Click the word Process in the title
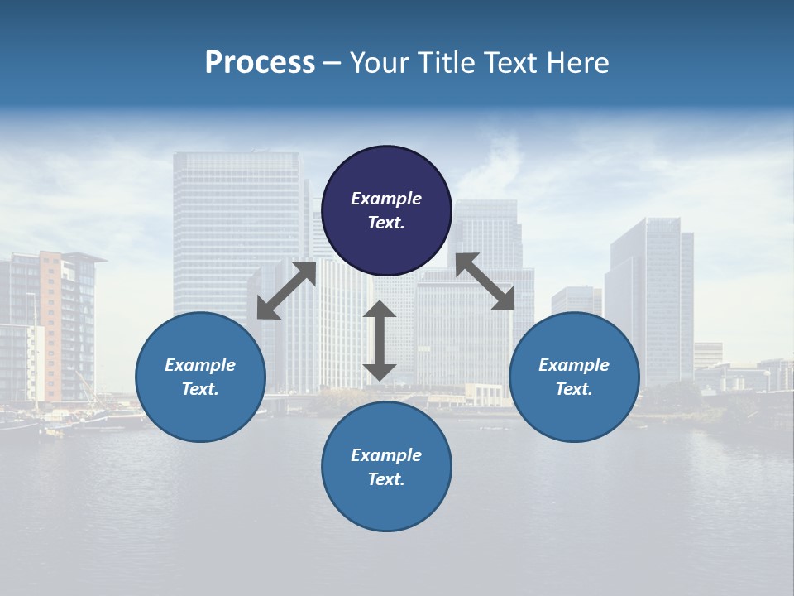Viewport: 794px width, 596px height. pos(260,63)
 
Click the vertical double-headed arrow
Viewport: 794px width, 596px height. pos(380,341)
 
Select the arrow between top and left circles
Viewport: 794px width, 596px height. pos(286,291)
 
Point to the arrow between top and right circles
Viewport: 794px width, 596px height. pos(485,281)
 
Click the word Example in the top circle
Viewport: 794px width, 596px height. pos(386,199)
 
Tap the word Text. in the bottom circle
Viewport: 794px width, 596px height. pos(386,479)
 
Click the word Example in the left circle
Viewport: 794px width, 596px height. pos(200,365)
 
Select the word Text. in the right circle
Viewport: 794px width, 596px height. pos(574,389)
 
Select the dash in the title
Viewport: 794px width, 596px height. pos(332,64)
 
